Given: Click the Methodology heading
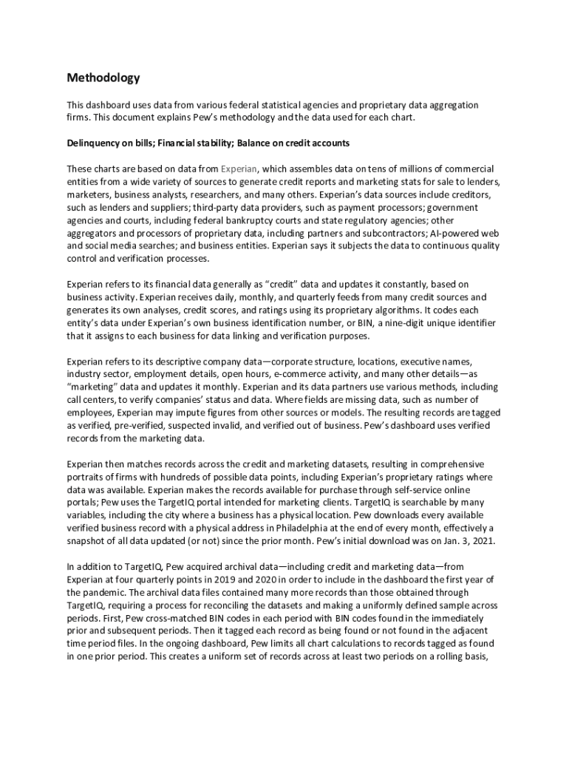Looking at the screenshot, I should click(x=103, y=78).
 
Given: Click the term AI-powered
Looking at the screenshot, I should click(x=455, y=233).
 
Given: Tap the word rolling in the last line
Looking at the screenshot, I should click(x=457, y=656).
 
